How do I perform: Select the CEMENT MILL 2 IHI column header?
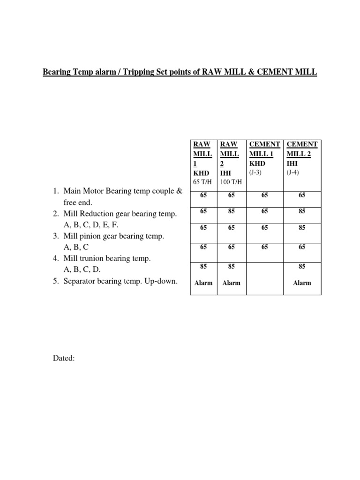click(x=302, y=153)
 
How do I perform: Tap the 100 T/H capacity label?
click(x=231, y=181)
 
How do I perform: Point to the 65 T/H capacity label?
click(x=202, y=181)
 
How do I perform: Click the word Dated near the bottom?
click(x=63, y=359)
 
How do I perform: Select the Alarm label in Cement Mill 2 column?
click(x=302, y=283)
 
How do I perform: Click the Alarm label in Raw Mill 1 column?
click(x=203, y=283)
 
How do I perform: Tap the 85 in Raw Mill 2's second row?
click(x=231, y=211)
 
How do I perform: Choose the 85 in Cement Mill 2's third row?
click(x=302, y=228)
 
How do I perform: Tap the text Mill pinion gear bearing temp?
click(x=114, y=236)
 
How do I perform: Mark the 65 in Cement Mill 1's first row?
click(x=265, y=195)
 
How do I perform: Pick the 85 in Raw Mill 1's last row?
click(x=203, y=266)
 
